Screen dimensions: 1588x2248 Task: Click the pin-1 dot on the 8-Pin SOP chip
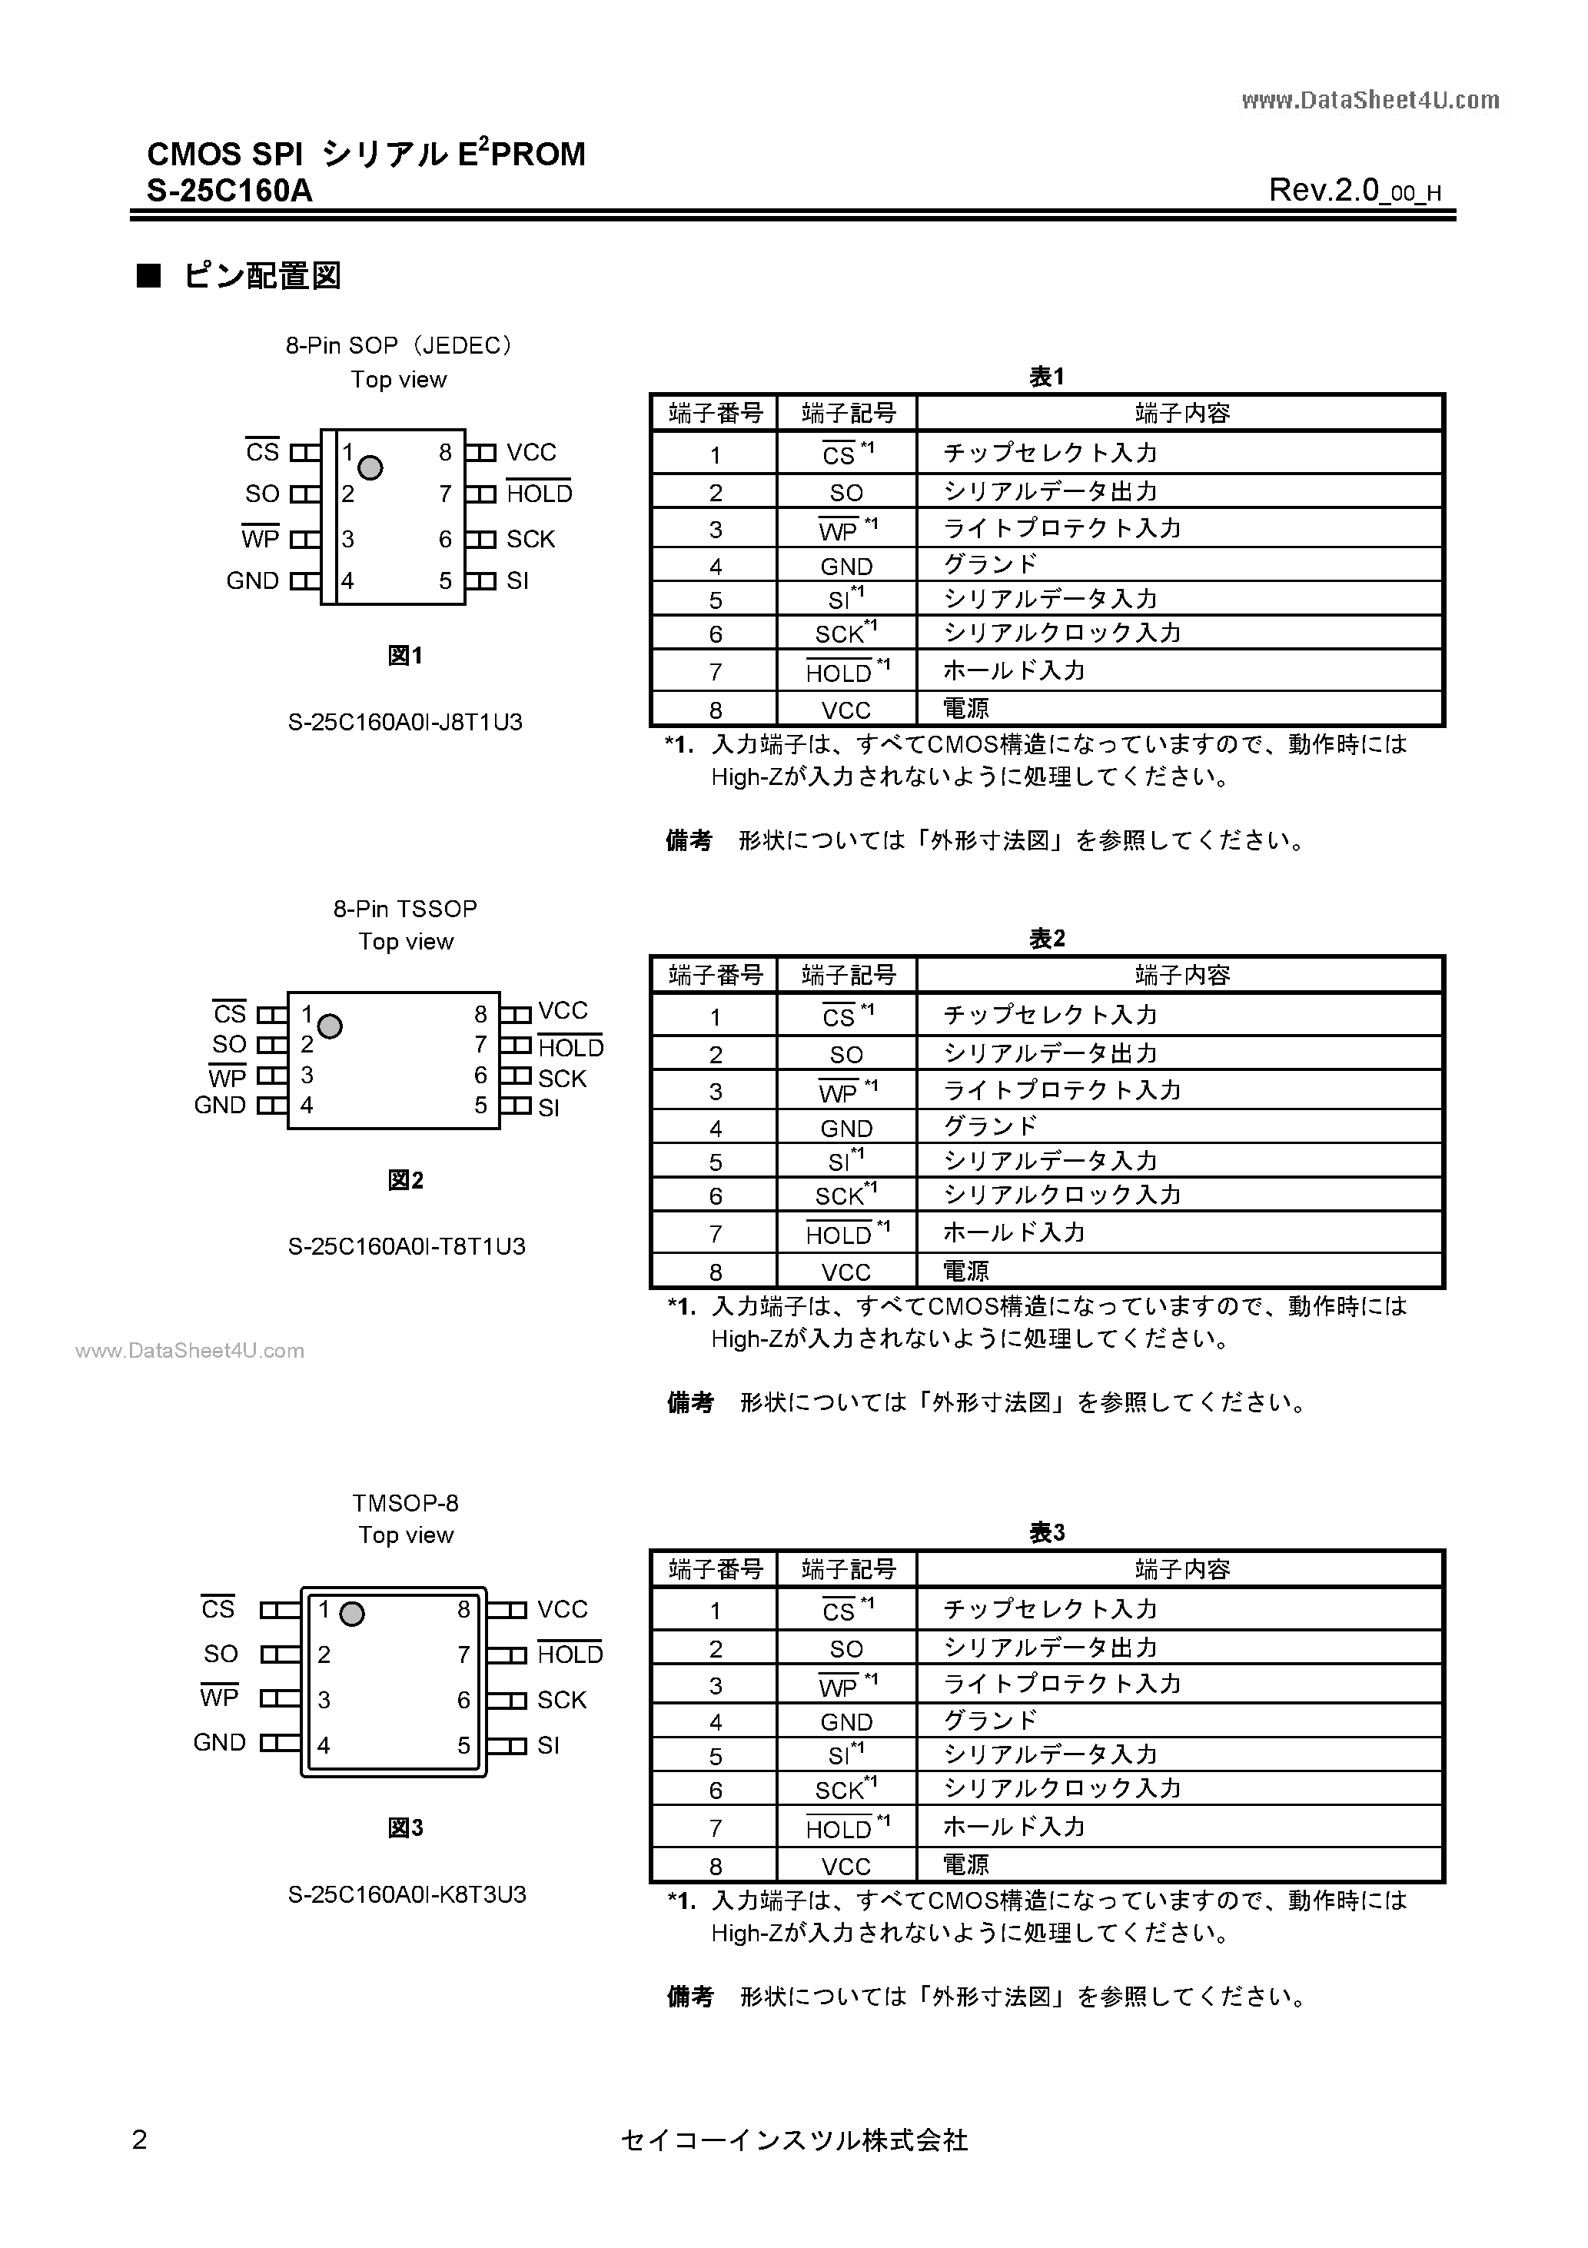pyautogui.click(x=370, y=468)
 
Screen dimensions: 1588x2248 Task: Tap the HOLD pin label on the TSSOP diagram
pyautogui.click(x=571, y=1048)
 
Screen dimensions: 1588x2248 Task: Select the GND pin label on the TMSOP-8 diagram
pyautogui.click(x=219, y=1742)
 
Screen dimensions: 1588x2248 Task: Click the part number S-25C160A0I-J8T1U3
pyautogui.click(x=405, y=723)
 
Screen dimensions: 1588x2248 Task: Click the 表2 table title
pyautogui.click(x=1047, y=939)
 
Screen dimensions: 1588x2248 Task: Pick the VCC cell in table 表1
pyautogui.click(x=846, y=710)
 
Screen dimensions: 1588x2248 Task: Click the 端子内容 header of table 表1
pyautogui.click(x=1181, y=413)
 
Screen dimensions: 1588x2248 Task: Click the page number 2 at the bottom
pyautogui.click(x=139, y=2140)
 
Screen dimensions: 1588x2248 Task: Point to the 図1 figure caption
pyautogui.click(x=404, y=656)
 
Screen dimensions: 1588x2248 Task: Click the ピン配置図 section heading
pyautogui.click(x=261, y=277)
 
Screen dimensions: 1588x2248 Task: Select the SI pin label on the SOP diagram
pyautogui.click(x=517, y=580)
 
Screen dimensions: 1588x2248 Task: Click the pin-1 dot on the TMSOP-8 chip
pyautogui.click(x=351, y=1614)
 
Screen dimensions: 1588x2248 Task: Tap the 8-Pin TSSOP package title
pyautogui.click(x=405, y=909)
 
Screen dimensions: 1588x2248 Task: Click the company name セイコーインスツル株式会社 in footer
pyautogui.click(x=794, y=2140)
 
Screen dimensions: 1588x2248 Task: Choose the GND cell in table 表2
pyautogui.click(x=846, y=1128)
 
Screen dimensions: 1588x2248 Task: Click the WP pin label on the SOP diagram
pyautogui.click(x=261, y=538)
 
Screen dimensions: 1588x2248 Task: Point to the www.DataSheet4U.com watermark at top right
pyautogui.click(x=1370, y=100)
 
